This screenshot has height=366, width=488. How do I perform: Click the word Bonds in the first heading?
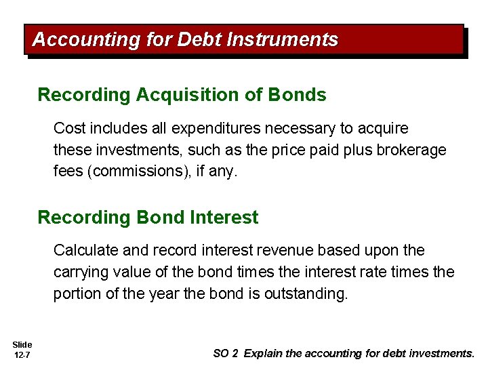(297, 95)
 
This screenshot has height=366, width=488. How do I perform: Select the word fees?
(68, 171)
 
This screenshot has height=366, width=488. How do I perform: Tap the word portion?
(77, 294)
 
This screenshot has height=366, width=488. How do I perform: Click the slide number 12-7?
(22, 355)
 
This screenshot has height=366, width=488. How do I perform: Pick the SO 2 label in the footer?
(226, 353)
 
